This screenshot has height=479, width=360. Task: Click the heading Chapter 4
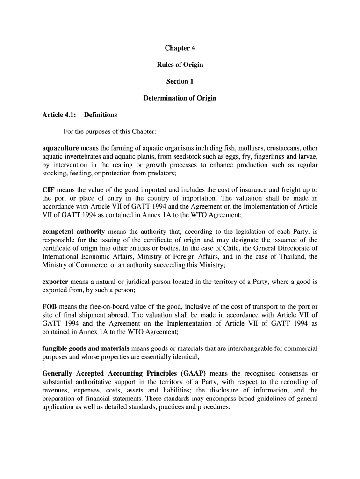coord(180,48)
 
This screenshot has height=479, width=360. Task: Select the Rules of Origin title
coord(180,65)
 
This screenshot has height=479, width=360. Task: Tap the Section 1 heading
coord(180,81)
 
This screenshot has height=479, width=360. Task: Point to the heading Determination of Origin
coord(180,98)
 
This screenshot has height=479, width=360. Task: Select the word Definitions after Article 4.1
coord(101,115)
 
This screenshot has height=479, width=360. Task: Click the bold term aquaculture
coord(60,148)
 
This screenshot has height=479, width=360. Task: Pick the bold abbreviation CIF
coord(49,190)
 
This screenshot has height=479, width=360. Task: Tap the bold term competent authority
coord(73,232)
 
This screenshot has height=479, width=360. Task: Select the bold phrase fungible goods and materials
coord(86,348)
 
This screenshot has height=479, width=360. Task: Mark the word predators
coord(159,174)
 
